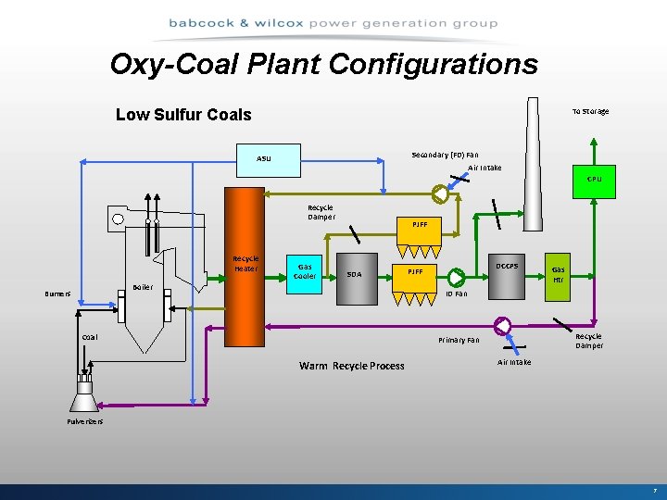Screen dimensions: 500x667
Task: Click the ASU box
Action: click(x=264, y=158)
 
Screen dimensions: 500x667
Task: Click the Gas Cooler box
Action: click(x=305, y=270)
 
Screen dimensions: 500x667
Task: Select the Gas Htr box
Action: click(x=559, y=274)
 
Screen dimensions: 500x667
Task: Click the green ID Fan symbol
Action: click(x=458, y=277)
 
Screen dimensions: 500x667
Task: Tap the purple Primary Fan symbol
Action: click(x=502, y=326)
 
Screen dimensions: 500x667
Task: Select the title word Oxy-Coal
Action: click(x=182, y=64)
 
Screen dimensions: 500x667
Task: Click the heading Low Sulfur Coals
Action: click(x=183, y=115)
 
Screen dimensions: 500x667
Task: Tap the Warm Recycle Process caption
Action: click(x=351, y=366)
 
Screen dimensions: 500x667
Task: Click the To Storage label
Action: click(x=590, y=111)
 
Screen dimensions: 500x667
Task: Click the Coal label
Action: click(x=89, y=337)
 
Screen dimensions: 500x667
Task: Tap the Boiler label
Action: click(x=142, y=287)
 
